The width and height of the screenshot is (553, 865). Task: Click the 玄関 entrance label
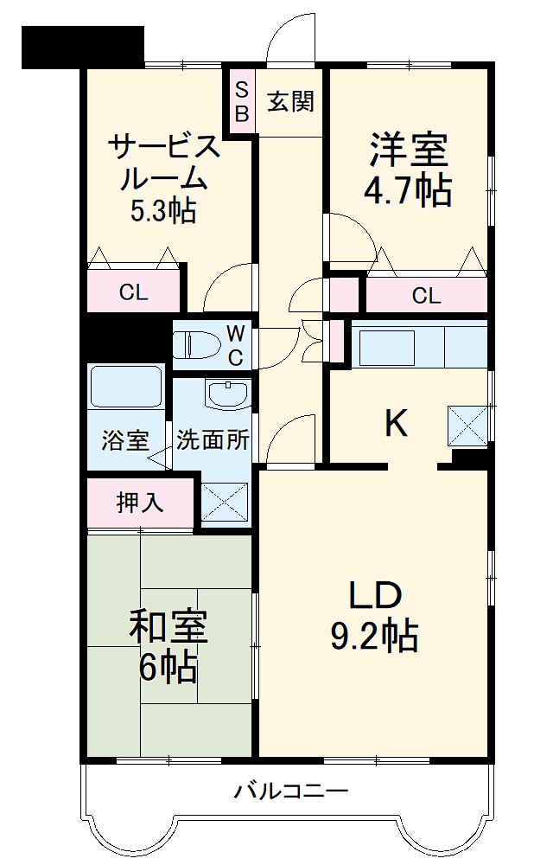[289, 101]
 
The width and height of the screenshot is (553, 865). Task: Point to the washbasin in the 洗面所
[228, 394]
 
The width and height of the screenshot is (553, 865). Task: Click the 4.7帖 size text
[409, 189]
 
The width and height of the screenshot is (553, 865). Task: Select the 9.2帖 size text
[374, 637]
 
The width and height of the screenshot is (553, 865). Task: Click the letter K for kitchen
[395, 423]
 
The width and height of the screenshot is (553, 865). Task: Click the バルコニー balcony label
[290, 791]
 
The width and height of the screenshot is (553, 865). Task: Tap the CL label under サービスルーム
[133, 293]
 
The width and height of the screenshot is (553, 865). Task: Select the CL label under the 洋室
[426, 296]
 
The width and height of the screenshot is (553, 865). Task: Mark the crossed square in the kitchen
[467, 425]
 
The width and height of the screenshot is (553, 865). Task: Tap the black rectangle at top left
[82, 47]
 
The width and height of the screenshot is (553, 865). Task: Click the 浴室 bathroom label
[124, 440]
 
